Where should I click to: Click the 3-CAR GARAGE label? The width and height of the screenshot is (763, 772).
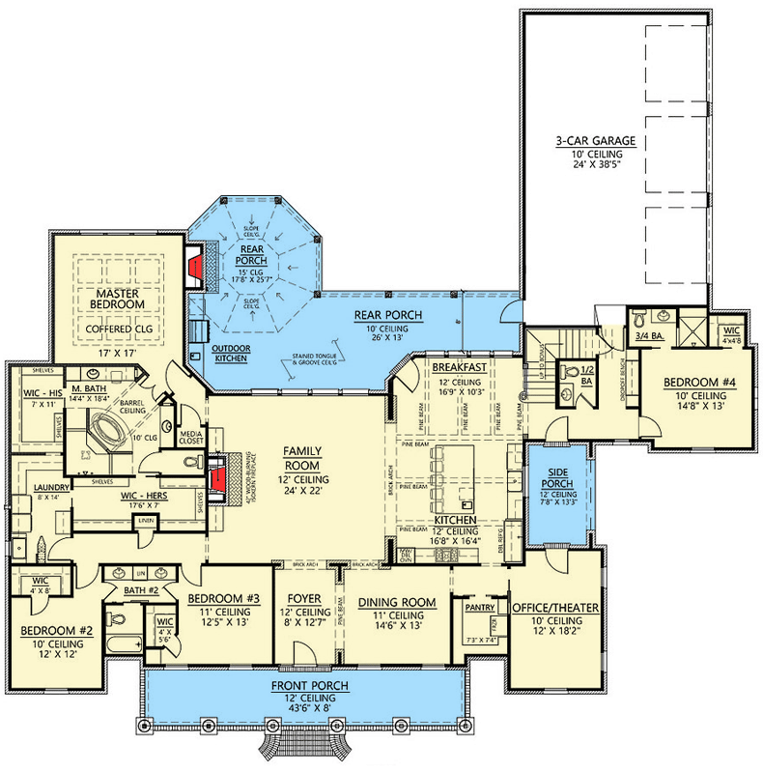(x=587, y=141)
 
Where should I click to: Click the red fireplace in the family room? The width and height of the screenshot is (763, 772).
(x=219, y=478)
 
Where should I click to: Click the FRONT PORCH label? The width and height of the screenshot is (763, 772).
(x=309, y=686)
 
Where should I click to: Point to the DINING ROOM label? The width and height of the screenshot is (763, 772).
(x=397, y=603)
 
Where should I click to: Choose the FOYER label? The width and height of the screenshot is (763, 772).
(x=304, y=599)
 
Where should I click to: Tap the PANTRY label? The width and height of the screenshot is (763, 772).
(x=479, y=608)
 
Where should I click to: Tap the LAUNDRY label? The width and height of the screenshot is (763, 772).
(x=48, y=488)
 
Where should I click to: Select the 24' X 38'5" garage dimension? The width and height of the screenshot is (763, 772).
(x=587, y=164)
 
